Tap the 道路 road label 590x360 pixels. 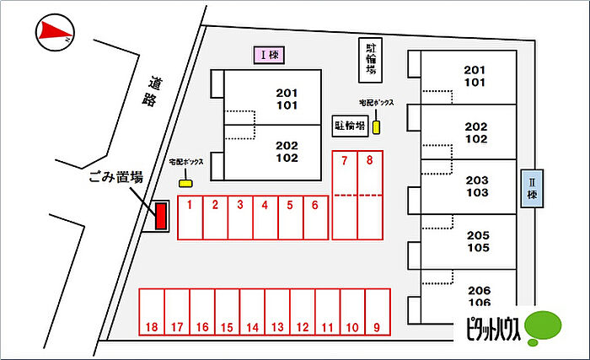(x=153, y=92)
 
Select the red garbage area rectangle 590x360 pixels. (x=159, y=216)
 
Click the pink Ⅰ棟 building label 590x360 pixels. (x=271, y=56)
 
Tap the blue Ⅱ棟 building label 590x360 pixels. (x=533, y=188)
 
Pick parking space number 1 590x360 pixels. (x=190, y=219)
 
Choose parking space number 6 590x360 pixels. (x=315, y=219)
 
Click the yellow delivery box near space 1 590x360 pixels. (x=185, y=181)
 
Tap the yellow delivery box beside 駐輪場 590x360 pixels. (x=377, y=126)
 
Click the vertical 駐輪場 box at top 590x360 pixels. (x=370, y=61)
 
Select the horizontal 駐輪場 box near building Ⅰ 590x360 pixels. (x=350, y=126)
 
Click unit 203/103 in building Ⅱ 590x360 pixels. (x=476, y=186)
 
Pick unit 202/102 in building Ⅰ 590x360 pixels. (x=287, y=151)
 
